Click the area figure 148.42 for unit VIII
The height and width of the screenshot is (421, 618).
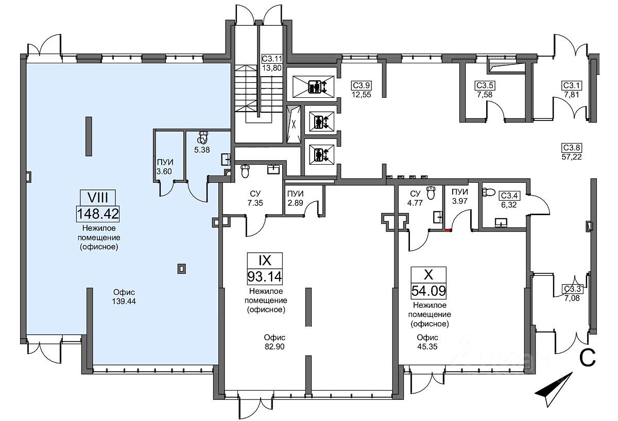(x=98, y=214)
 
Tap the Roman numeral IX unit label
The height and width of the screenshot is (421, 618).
(x=265, y=260)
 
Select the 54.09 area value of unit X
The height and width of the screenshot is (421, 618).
(x=428, y=291)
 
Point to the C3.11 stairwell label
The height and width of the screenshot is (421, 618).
(x=272, y=59)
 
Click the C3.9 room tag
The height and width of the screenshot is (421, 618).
(x=361, y=85)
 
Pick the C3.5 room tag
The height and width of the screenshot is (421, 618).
(x=485, y=85)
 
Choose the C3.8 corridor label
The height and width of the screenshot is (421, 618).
(x=572, y=148)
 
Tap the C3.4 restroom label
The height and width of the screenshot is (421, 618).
(x=509, y=196)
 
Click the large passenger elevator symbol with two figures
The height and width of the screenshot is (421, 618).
(x=317, y=86)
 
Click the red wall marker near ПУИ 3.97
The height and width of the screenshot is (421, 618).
(x=449, y=230)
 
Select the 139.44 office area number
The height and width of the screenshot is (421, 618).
(x=124, y=302)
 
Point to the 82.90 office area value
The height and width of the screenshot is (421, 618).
(x=274, y=346)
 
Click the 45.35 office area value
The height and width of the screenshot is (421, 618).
(x=427, y=346)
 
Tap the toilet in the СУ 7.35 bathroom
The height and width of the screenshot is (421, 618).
(x=245, y=171)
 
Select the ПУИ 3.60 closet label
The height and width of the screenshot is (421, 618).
(x=164, y=167)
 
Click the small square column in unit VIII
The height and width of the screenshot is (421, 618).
(x=181, y=268)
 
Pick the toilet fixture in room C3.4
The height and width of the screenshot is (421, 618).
(x=488, y=192)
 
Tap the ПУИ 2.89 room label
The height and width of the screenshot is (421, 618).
(x=295, y=198)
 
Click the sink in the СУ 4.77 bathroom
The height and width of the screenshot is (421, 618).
(x=438, y=217)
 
